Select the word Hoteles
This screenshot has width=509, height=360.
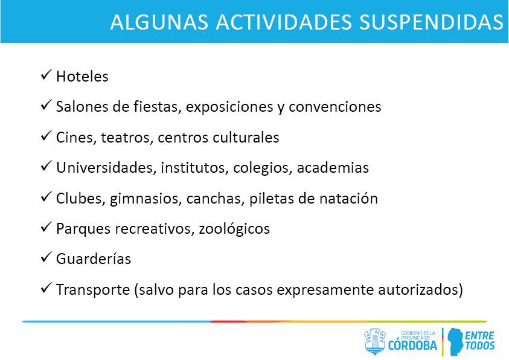[x=82, y=77]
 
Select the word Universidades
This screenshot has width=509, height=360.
[x=106, y=167]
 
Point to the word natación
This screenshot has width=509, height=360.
[x=351, y=198]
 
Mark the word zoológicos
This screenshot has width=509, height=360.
[x=234, y=229]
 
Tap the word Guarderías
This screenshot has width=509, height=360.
[x=93, y=259]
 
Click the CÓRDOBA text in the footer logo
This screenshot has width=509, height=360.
[x=413, y=346]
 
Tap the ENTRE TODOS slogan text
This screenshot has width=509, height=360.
[x=480, y=340]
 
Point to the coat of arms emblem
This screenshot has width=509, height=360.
[x=374, y=341]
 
